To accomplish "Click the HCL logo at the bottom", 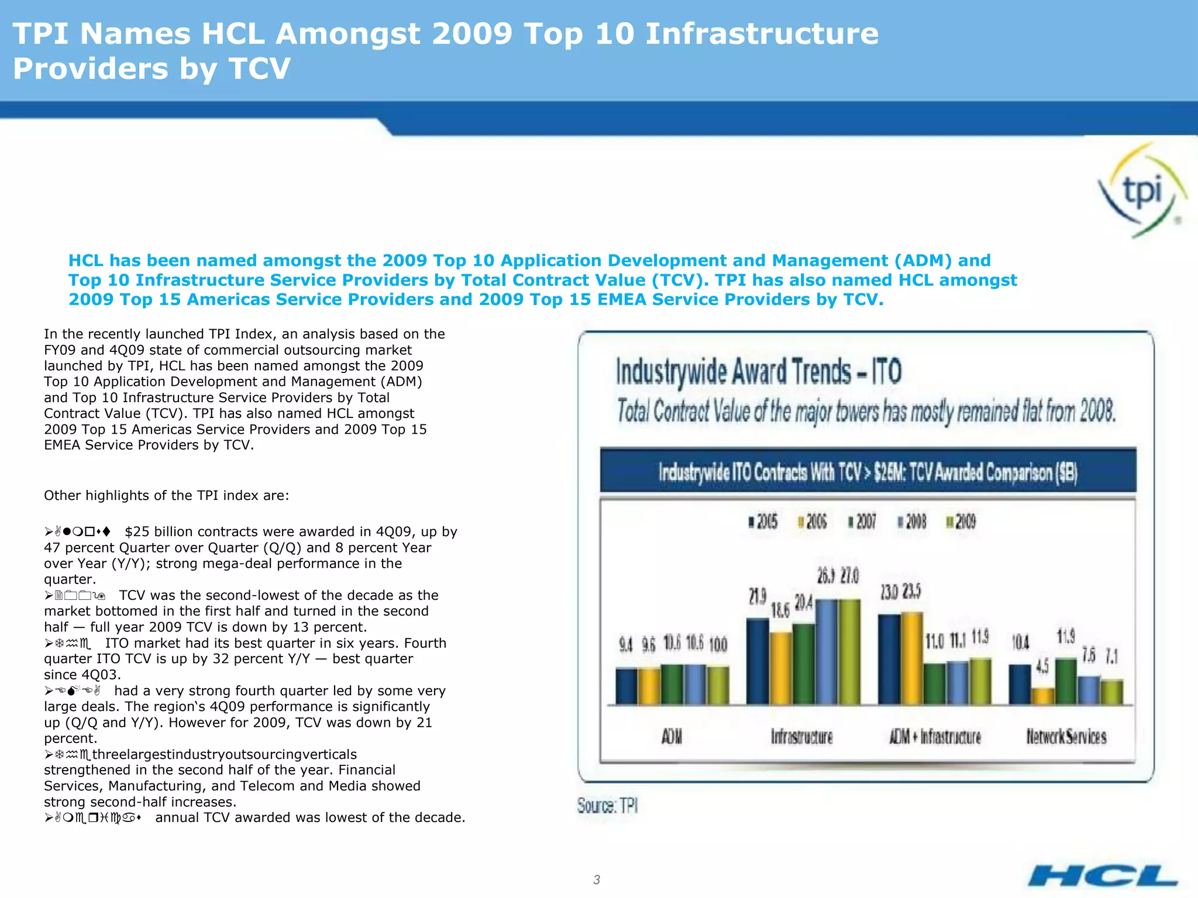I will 1103,876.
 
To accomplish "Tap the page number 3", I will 596,879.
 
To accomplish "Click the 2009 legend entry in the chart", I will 961,521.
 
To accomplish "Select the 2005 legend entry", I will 763,521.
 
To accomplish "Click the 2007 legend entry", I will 862,521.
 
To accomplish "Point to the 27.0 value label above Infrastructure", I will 850,576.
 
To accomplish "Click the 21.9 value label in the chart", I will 758,597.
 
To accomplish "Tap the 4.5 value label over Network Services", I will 1042,666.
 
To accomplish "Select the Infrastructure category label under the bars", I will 801,737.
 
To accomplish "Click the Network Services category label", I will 1066,737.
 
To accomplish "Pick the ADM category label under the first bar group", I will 672,737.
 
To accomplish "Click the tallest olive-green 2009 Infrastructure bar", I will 850,652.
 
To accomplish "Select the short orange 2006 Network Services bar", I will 1042,696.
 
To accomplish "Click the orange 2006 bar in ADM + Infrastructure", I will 912,658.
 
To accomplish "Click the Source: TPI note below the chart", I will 607,806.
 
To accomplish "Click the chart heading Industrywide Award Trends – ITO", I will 758,372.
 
